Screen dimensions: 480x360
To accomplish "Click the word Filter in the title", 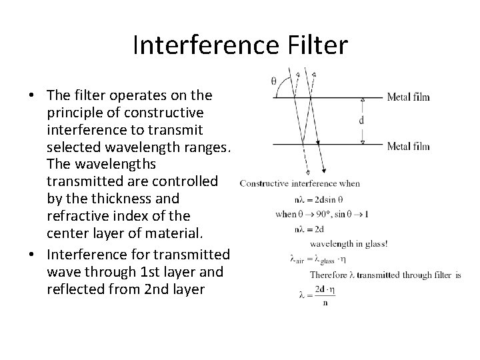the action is [317, 45].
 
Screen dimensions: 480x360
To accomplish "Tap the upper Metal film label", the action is [408, 97].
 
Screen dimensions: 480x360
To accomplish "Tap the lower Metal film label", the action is [408, 147].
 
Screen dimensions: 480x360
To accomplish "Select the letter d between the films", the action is [361, 121].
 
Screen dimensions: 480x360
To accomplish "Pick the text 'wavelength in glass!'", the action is [349, 244].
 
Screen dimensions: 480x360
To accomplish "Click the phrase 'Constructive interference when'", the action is [299, 183].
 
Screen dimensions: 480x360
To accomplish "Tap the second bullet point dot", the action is [31, 255].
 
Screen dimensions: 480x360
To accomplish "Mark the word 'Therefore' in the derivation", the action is [330, 275].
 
